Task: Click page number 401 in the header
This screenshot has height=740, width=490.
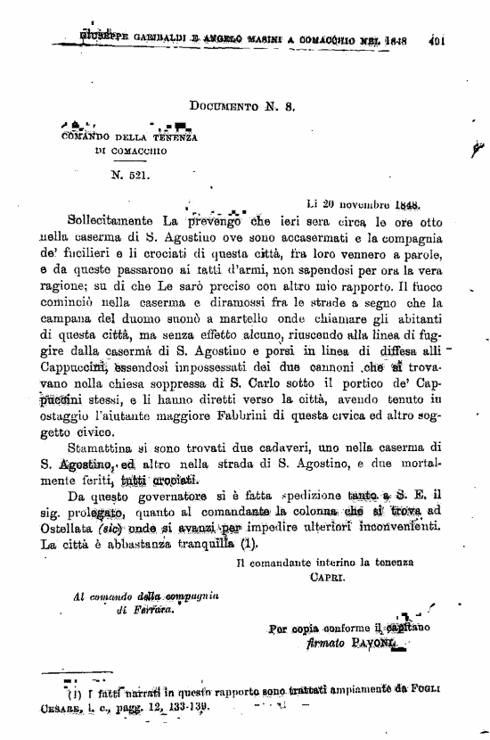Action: coord(437,39)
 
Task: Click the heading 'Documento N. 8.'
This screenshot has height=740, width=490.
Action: coord(243,105)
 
